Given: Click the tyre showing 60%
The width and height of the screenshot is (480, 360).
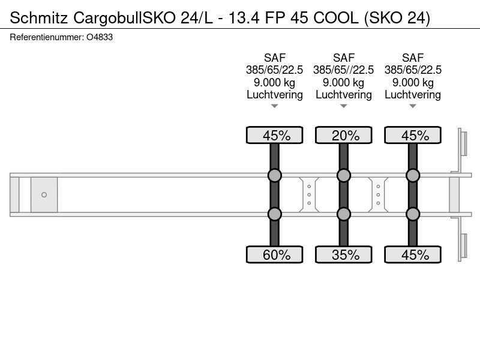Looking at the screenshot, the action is [275, 254].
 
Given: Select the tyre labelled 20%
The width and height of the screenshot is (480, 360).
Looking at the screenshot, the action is [343, 135].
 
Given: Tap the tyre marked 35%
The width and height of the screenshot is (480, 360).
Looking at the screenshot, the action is [343, 254].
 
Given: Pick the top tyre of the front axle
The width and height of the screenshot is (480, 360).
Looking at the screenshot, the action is [275, 135].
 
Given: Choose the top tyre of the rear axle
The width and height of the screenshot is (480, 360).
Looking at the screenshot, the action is [413, 135].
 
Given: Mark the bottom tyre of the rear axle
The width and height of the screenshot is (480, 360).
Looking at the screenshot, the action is [413, 254].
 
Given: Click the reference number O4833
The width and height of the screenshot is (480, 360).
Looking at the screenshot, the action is [100, 37].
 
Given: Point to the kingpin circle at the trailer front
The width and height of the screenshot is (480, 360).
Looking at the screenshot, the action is [44, 194].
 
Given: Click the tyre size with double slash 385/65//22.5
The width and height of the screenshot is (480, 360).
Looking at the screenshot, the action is [343, 70].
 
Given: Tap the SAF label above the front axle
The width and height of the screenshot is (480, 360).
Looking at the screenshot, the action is [275, 58].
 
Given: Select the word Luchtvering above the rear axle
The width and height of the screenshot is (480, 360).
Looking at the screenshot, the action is [413, 95].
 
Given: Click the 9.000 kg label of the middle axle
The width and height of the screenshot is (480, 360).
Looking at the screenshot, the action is [343, 82].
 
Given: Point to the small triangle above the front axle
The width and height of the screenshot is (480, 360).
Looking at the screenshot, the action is [275, 106].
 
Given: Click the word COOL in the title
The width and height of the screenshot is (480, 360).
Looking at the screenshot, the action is [336, 18].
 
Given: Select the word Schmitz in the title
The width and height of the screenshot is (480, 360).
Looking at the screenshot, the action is [39, 18].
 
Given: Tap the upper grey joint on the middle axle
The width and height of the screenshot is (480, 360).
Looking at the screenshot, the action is [343, 175].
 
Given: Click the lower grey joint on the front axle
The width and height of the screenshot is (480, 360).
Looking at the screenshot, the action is [275, 214].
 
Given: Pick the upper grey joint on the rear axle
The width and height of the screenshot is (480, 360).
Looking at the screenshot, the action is [413, 175].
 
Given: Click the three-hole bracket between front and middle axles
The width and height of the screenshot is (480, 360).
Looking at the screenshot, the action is [309, 194].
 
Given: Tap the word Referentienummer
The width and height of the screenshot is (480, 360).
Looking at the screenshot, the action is [46, 37].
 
